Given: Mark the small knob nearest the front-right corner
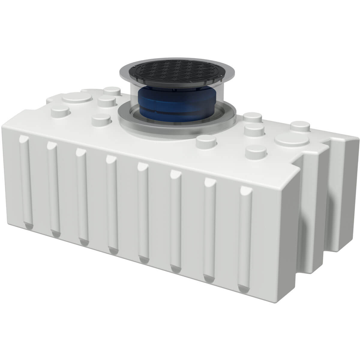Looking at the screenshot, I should point(256,152).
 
